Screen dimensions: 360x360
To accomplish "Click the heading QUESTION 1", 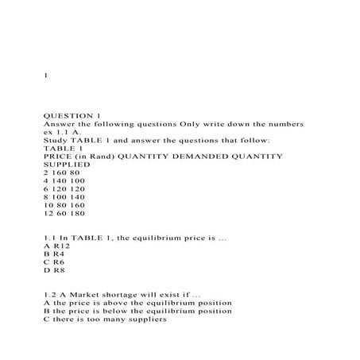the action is pyautogui.click(x=72, y=115).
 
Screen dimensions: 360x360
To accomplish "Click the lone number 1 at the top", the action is pyautogui.click(x=46, y=75).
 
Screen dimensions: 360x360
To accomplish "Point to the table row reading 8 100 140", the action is pyautogui.click(x=64, y=203).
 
